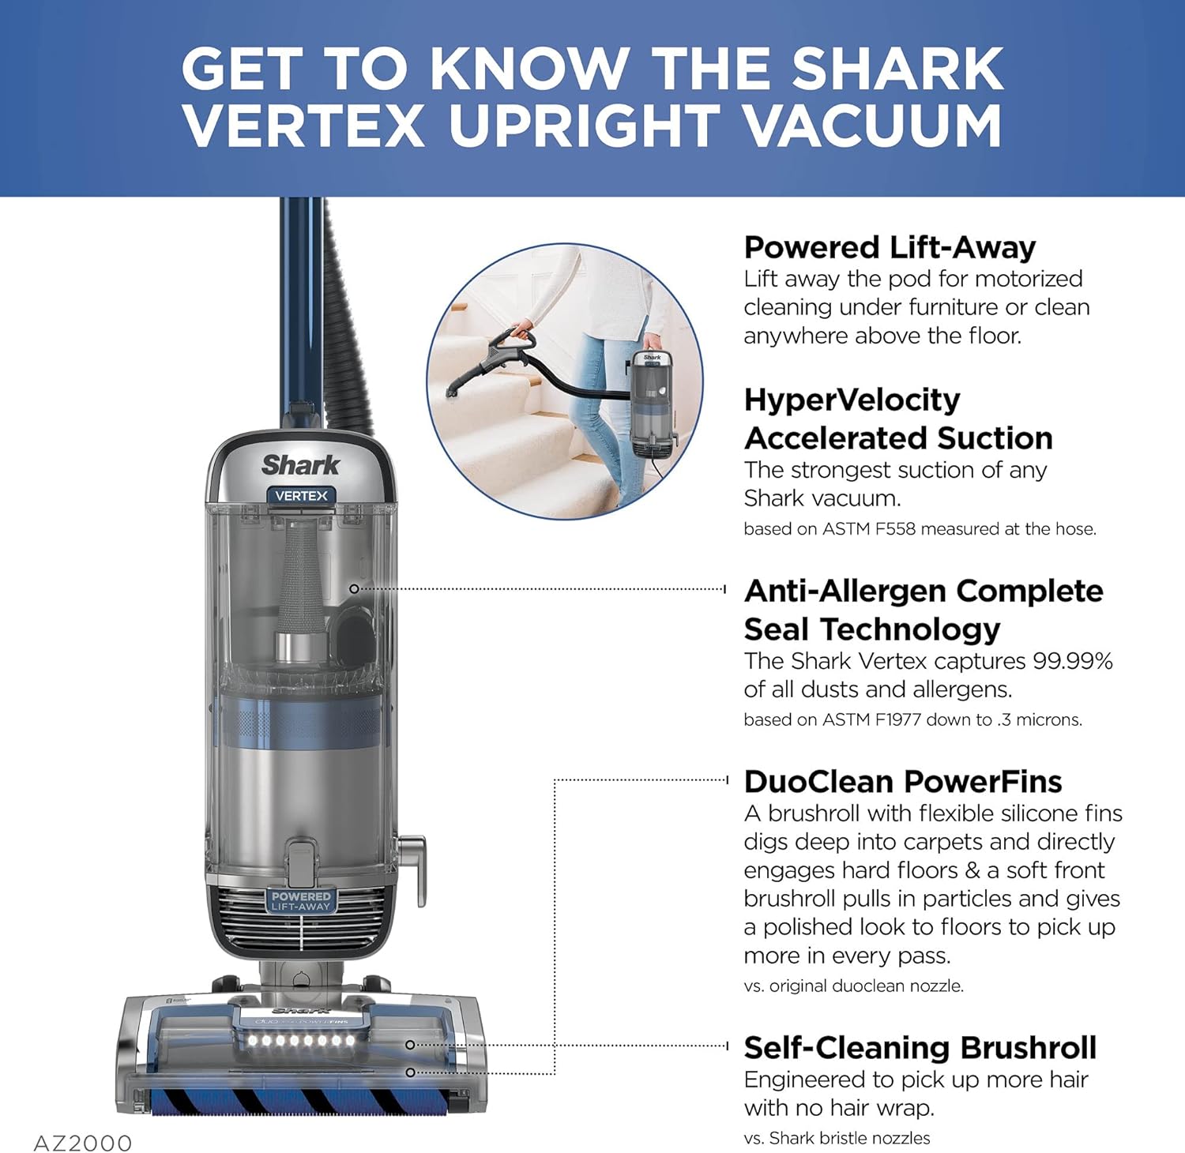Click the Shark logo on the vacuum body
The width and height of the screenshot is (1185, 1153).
pos(300,464)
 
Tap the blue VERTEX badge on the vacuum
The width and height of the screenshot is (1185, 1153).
pos(301,496)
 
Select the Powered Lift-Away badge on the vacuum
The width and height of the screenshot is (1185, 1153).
pos(301,901)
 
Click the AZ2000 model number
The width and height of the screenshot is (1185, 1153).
pos(83,1143)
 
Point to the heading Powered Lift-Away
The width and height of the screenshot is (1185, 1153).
pos(890,247)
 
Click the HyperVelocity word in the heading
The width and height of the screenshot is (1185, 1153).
pos(852,400)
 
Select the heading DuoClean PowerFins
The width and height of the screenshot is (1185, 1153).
pos(903,781)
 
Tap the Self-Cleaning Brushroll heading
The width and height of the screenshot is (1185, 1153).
pos(920,1047)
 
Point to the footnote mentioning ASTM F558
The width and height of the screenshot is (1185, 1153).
pos(920,529)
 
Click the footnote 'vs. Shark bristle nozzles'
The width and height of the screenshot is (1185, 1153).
pos(837,1138)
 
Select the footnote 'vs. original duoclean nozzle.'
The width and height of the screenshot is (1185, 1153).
pos(853,986)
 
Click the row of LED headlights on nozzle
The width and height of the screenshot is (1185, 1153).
pos(301,1040)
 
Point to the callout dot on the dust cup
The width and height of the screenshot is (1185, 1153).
pos(354,588)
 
